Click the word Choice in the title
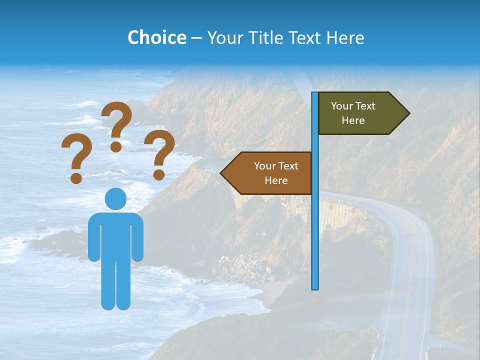(x=156, y=37)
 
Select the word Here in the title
(x=345, y=37)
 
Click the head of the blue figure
(x=115, y=199)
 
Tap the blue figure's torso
(x=115, y=235)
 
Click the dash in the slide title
(x=196, y=38)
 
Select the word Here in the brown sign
(x=276, y=180)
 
